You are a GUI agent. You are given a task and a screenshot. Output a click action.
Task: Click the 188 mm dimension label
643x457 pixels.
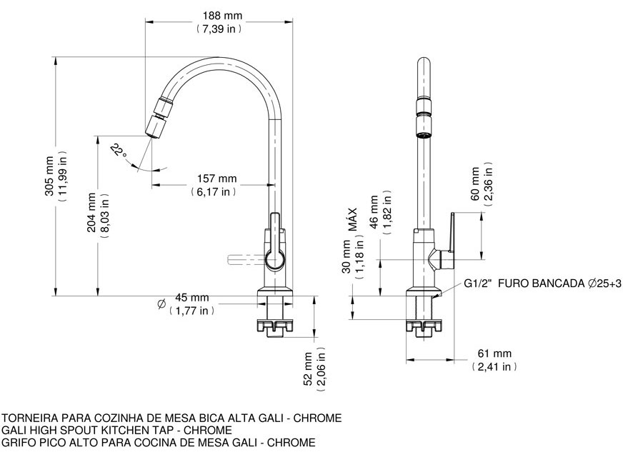click(222, 16)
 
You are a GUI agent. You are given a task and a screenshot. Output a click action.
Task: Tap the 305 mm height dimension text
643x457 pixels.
click(49, 176)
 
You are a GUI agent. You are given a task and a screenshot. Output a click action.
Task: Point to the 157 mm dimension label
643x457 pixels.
click(217, 179)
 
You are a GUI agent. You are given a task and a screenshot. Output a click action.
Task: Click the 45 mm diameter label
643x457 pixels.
click(192, 297)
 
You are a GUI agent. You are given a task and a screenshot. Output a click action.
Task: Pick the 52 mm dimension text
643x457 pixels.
click(309, 369)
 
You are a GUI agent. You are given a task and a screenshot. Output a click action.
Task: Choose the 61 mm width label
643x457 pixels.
click(494, 353)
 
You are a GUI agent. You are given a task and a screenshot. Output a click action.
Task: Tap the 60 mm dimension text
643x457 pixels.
click(475, 184)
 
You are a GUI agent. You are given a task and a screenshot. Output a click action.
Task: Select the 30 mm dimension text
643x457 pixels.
click(347, 256)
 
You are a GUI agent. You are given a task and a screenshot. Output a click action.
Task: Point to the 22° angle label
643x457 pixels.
click(119, 151)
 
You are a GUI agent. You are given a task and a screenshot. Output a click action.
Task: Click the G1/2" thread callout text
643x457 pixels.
click(478, 283)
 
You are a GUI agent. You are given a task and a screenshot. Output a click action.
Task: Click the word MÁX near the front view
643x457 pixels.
click(353, 220)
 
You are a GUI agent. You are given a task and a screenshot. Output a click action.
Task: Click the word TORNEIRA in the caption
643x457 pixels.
click(30, 418)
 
